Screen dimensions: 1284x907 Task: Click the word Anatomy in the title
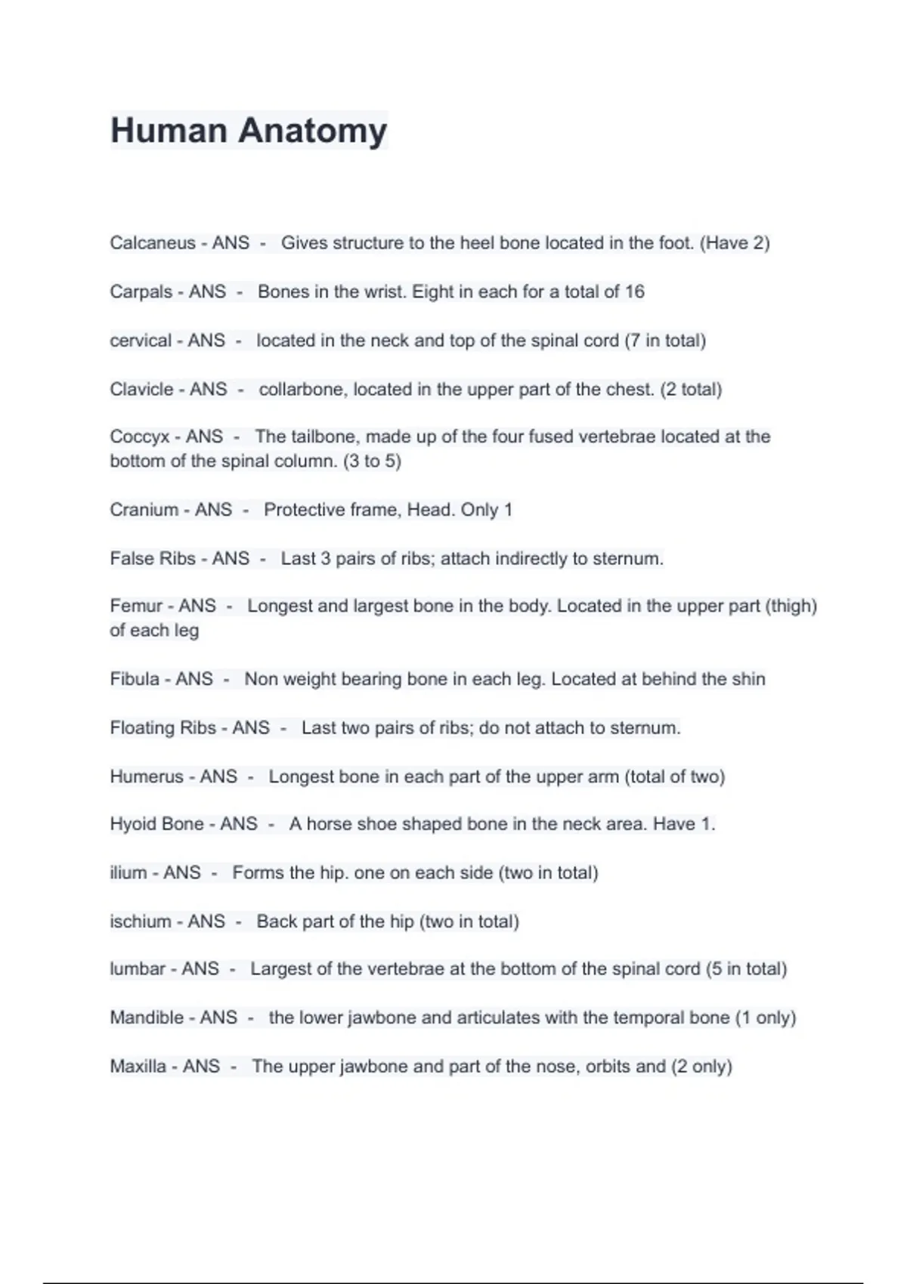click(x=313, y=131)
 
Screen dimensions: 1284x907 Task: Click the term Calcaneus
click(x=152, y=243)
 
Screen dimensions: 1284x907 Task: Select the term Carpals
click(x=141, y=292)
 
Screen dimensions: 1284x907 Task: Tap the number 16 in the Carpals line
click(x=634, y=292)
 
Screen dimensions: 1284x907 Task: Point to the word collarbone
click(x=302, y=390)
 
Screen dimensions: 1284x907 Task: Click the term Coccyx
click(x=139, y=437)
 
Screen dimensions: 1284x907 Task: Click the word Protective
click(x=301, y=510)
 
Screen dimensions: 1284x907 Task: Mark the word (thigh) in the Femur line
click(x=791, y=606)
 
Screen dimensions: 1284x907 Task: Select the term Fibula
click(x=135, y=679)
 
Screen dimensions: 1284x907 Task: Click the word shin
click(x=748, y=679)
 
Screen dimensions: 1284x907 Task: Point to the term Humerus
click(x=147, y=776)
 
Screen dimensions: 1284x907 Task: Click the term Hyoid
click(x=133, y=824)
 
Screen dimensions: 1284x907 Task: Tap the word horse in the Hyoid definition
click(x=329, y=824)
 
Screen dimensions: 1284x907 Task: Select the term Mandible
click(x=147, y=1017)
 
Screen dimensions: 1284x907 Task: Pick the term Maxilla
click(x=138, y=1066)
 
